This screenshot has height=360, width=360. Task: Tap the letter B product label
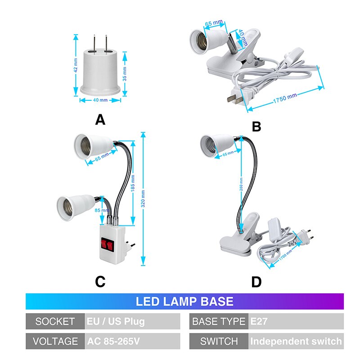pos(256,127)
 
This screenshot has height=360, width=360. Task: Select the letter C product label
pos(100,282)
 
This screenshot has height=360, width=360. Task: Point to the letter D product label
pos(256,282)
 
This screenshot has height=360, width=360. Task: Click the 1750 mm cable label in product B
pos(285,98)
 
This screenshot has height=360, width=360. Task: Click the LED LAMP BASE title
pos(184,301)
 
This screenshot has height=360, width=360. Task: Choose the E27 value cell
pos(295,321)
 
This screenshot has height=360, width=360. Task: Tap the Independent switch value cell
pos(295,341)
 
